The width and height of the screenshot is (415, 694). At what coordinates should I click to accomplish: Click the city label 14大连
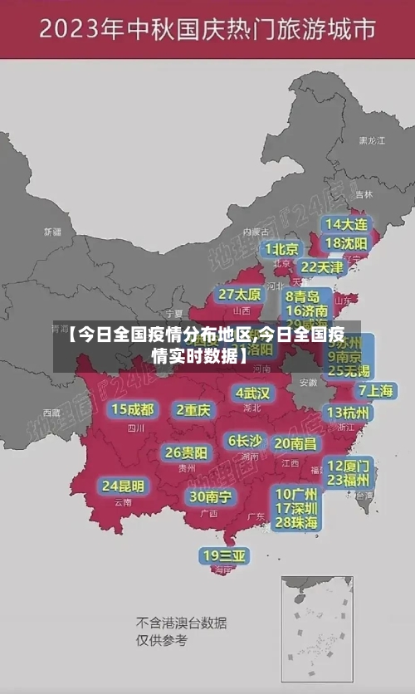pos(346,224)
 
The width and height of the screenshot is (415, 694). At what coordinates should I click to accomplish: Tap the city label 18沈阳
pos(346,243)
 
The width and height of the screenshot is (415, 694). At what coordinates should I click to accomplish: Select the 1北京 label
pos(282,249)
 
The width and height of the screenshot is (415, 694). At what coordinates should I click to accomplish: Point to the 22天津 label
pos(321,267)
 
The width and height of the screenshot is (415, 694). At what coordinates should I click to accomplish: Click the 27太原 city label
pos(240,295)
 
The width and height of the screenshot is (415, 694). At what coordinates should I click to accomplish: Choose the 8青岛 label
pos(303,296)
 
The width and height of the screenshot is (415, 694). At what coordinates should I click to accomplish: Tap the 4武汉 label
pos(252,393)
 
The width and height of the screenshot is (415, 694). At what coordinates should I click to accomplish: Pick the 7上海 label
pos(375,391)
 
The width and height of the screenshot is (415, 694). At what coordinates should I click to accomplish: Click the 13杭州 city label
pos(349,413)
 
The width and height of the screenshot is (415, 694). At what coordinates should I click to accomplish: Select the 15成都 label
pos(133,409)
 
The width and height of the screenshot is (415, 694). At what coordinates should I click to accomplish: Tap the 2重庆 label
pos(193,410)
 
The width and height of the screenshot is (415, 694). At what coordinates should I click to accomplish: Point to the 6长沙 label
pos(246,441)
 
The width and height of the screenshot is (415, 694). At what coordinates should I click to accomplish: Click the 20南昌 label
pos(295,444)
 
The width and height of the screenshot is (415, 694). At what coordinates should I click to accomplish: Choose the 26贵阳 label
pos(186,453)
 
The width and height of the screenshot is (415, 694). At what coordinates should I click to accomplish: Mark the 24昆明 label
pos(123,486)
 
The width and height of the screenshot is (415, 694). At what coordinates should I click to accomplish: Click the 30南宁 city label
pos(210,496)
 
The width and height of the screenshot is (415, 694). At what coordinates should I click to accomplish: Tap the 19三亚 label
pos(224,555)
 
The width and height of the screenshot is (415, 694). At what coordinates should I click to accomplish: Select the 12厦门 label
pos(349,465)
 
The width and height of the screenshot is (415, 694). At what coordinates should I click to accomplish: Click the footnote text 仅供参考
pos(162,641)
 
